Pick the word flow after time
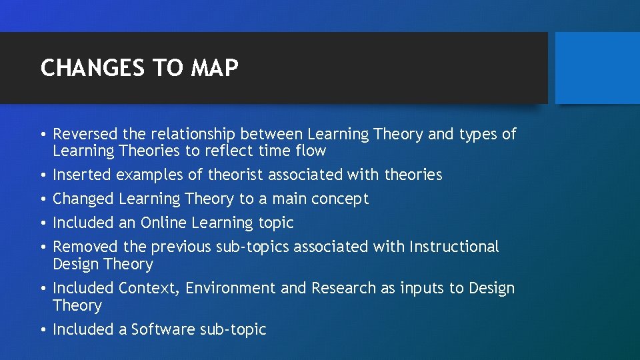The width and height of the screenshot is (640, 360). pos(311,151)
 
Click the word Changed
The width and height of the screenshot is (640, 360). pos(83,199)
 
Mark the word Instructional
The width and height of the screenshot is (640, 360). pos(454,247)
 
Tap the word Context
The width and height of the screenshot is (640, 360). pos(149,289)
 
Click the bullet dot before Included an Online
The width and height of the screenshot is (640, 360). pos(43,223)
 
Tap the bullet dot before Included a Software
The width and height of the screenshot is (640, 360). pos(43,330)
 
